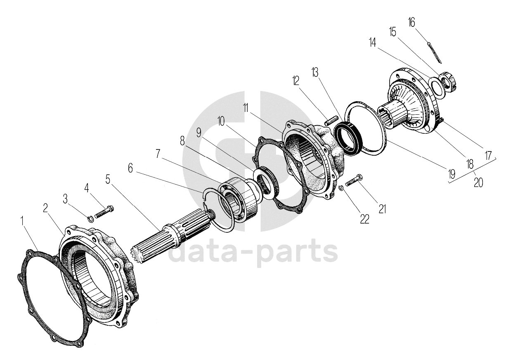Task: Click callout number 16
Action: point(411,22)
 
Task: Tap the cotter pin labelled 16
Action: point(434,52)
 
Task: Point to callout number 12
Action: point(296,80)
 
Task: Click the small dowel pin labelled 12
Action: point(331,121)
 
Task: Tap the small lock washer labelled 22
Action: point(342,188)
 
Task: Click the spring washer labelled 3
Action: point(90,219)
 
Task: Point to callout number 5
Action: point(108,180)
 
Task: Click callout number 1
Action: point(22,220)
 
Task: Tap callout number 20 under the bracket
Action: point(478,182)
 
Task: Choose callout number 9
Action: point(199,132)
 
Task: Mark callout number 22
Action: point(364,219)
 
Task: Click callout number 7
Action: point(158,154)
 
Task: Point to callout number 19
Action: point(451,174)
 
